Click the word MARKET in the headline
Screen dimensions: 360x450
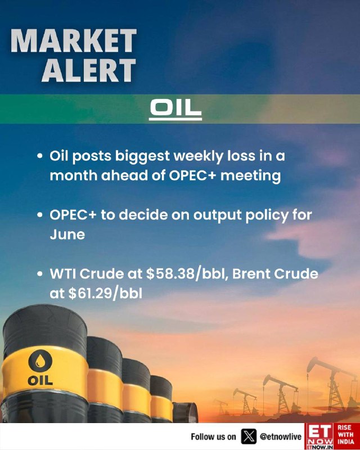coord(74,40)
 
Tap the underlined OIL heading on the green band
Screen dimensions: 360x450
coord(175,109)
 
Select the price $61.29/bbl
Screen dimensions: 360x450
coord(105,293)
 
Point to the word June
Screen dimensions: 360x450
coord(67,235)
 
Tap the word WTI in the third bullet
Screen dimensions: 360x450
coord(63,274)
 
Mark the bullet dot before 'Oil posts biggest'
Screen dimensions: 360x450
coord(40,156)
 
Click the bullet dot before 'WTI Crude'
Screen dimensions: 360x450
coord(40,273)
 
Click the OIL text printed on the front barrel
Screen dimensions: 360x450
coord(40,381)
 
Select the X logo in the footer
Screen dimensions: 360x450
coord(249,436)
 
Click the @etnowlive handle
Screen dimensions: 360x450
coord(281,437)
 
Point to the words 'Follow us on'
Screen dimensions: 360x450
coord(213,437)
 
